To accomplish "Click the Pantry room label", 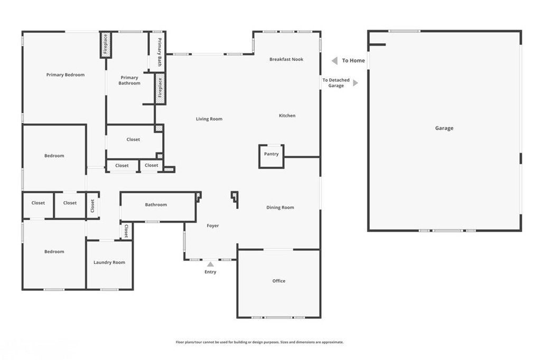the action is [271, 154].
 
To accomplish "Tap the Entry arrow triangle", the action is [210, 264].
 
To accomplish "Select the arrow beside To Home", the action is [334, 61].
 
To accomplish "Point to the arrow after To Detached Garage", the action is [356, 83].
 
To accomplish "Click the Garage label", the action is [444, 128].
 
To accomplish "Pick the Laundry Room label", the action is [109, 262].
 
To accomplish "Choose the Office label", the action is [279, 281].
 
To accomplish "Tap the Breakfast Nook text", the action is [286, 59].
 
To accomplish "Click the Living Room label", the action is [209, 119].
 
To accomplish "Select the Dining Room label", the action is [280, 207].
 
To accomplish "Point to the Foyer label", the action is [213, 226].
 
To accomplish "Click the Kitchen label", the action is [287, 116].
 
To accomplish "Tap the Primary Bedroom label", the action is [66, 75].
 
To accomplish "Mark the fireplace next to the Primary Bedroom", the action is [106, 45].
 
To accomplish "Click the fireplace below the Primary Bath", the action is [160, 88].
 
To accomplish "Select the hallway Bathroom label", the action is [156, 205].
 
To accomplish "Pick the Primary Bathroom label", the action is [129, 80].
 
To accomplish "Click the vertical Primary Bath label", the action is [160, 52].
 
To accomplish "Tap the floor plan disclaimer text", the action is [259, 342].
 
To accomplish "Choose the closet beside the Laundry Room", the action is [126, 231].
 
